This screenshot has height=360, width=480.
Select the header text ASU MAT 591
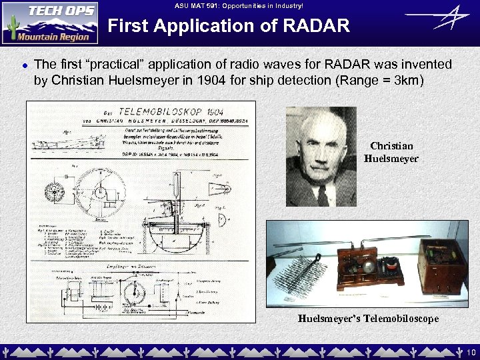pyautogui.click(x=199, y=5)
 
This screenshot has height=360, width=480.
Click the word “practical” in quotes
pyautogui.click(x=91, y=65)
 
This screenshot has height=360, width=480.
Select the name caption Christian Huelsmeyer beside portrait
pyautogui.click(x=391, y=152)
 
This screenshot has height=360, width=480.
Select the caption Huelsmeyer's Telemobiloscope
pyautogui.click(x=368, y=319)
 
